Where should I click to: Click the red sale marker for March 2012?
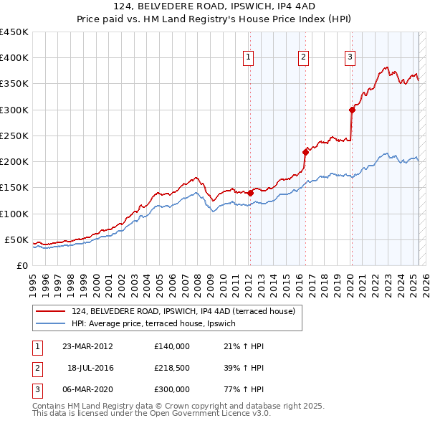click(250, 193)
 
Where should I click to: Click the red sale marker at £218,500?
click(305, 152)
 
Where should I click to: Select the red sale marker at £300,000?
click(352, 110)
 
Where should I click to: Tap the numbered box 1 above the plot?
click(248, 58)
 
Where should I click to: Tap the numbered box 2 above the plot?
click(303, 58)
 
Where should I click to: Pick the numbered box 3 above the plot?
click(350, 58)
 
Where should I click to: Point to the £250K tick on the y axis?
click(14, 136)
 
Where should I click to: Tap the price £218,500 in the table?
click(171, 369)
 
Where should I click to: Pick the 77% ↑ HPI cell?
click(244, 390)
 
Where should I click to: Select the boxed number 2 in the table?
click(37, 369)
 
